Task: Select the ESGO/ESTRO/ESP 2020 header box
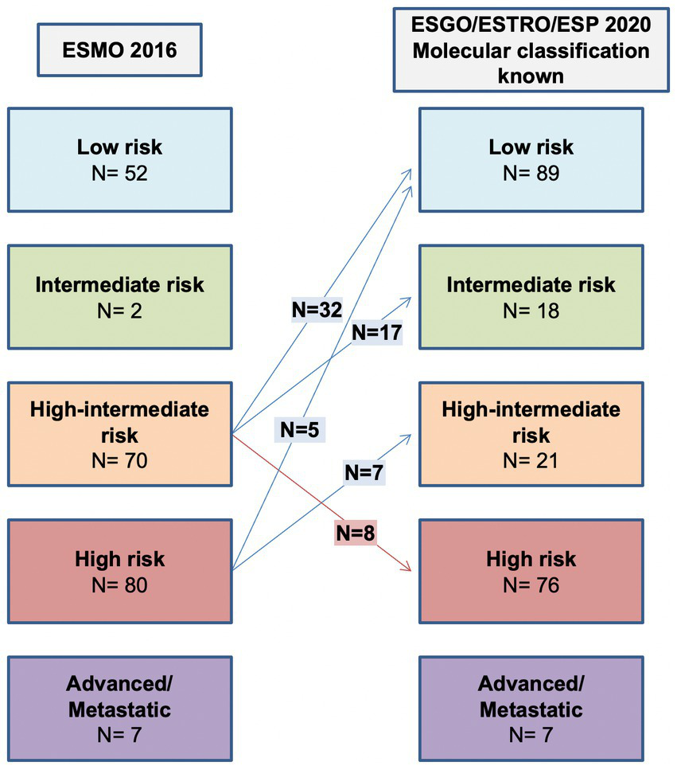(530, 51)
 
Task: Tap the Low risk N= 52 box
(119, 159)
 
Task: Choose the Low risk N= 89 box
(530, 159)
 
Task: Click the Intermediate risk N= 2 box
(119, 297)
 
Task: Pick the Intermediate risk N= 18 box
(530, 297)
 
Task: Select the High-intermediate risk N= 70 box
(119, 435)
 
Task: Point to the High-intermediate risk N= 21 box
(530, 435)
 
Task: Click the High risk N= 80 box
(119, 571)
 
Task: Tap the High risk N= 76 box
(530, 571)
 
